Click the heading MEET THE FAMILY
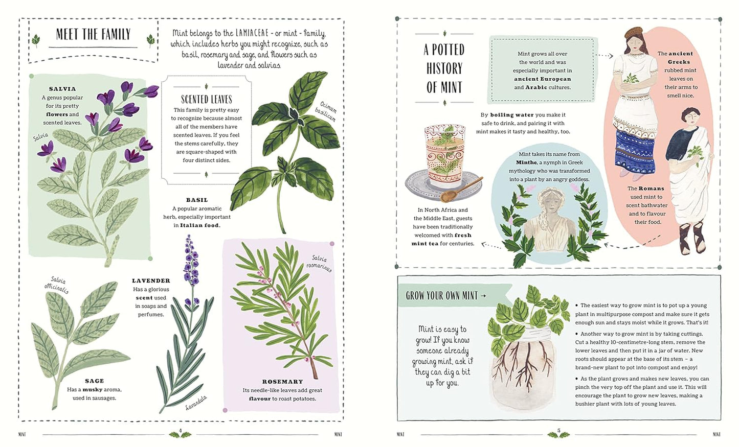(94, 34)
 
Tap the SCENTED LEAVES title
(207, 99)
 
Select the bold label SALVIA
(62, 89)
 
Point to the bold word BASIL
(197, 200)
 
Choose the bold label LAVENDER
(151, 280)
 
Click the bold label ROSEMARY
(282, 382)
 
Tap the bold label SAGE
(94, 381)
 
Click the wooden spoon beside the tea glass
(461, 190)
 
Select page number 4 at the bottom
(181, 430)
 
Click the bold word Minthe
(527, 162)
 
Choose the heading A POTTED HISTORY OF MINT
(444, 68)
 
